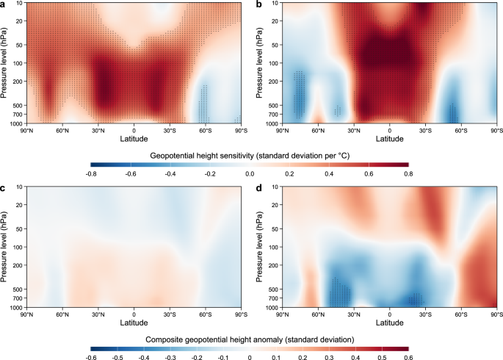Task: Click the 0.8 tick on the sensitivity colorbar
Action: tap(408, 173)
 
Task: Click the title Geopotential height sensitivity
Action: tap(249, 156)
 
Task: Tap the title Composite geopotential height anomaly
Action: tap(249, 339)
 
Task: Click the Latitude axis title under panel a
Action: tap(133, 137)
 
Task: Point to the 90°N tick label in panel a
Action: tap(26, 129)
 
